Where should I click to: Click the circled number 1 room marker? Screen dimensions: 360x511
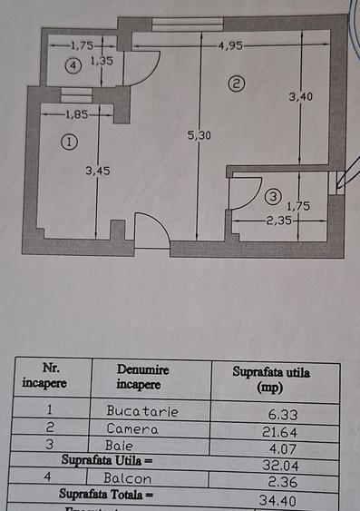click(x=68, y=142)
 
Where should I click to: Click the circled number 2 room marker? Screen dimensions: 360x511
click(x=236, y=84)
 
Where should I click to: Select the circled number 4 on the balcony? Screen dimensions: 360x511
click(x=73, y=65)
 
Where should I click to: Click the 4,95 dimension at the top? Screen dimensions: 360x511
click(x=230, y=44)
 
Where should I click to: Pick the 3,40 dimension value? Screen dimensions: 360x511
click(x=302, y=96)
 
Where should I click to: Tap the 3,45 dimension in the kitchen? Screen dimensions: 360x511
click(x=96, y=170)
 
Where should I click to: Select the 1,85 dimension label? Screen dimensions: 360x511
click(x=77, y=114)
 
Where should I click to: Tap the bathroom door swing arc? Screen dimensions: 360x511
click(x=241, y=192)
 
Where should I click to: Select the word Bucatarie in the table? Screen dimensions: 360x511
click(x=142, y=410)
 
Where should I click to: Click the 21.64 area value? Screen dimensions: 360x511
click(x=277, y=429)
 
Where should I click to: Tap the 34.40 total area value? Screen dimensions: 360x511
click(x=277, y=498)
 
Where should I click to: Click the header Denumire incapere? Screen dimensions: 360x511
click(x=142, y=377)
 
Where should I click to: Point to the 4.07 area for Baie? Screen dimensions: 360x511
click(x=277, y=447)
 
